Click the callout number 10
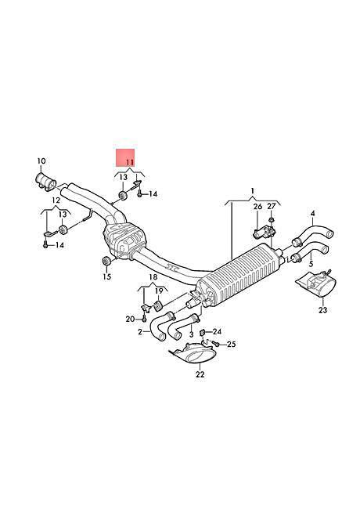tap(41, 161)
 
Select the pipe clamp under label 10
tap(45, 182)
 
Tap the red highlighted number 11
tap(130, 162)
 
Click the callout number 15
tap(107, 276)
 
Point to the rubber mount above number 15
tap(106, 261)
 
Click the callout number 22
tap(200, 374)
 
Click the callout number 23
tap(322, 310)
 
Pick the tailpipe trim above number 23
tap(316, 284)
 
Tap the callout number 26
tap(257, 207)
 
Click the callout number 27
tap(271, 206)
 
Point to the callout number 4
tap(312, 213)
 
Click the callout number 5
tap(311, 264)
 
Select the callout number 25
tap(231, 344)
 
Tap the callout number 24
tap(217, 331)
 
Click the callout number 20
tap(131, 319)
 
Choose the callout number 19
tap(159, 291)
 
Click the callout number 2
tap(140, 332)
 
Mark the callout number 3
tap(192, 334)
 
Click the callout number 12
tap(56, 200)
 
